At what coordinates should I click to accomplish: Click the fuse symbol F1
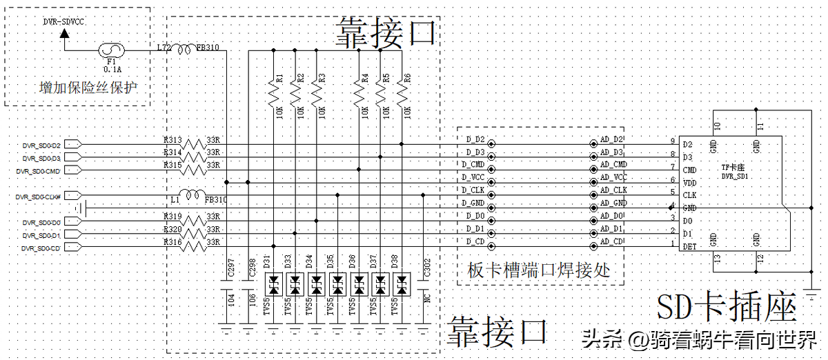110,50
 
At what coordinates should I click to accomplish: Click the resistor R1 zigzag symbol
274,90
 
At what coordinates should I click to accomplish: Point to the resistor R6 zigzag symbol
402,90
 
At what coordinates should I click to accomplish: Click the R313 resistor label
172,140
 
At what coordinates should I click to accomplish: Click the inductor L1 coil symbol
193,196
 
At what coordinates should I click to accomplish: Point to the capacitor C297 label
231,271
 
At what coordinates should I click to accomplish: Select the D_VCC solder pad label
473,177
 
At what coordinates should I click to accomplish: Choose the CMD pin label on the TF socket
690,170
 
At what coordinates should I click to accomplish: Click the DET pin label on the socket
689,246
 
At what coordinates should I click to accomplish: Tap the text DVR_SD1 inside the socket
736,177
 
